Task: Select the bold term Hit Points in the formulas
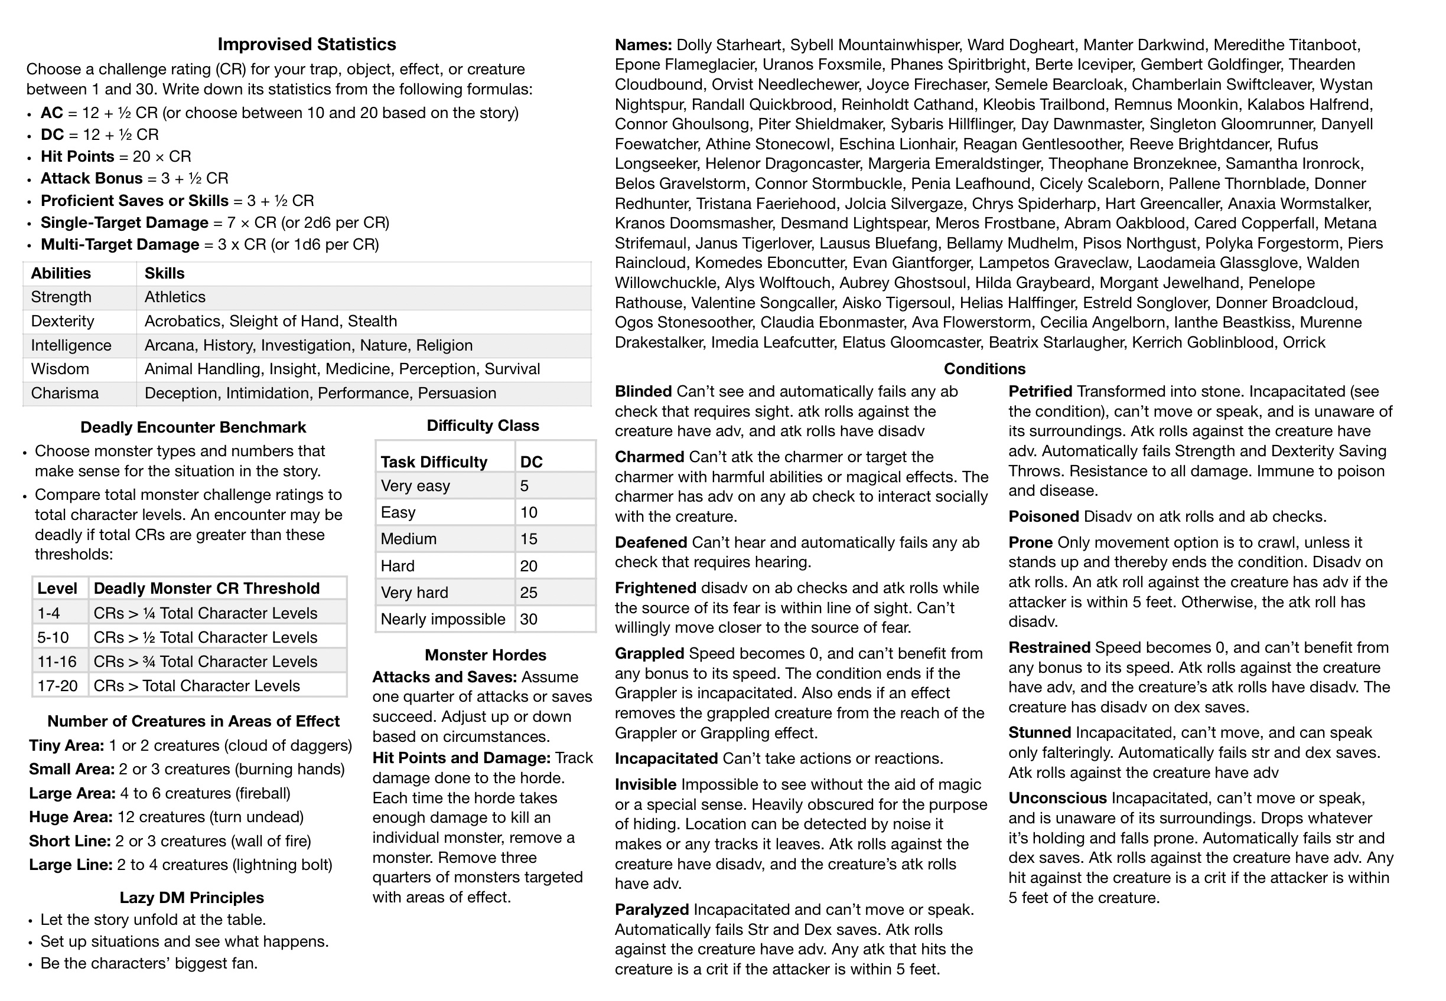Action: click(77, 157)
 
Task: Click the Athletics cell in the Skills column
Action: click(175, 297)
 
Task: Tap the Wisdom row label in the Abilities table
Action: click(60, 369)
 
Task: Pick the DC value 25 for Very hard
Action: click(529, 593)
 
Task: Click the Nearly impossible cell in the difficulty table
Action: click(442, 620)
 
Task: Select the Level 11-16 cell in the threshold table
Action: click(57, 662)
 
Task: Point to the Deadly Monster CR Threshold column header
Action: click(207, 588)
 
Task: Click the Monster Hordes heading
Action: click(485, 655)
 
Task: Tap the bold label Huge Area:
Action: click(70, 817)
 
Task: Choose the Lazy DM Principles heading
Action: click(191, 898)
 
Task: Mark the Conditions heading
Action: click(984, 369)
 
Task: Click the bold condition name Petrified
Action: click(1040, 392)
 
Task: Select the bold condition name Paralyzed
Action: click(652, 910)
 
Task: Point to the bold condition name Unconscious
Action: click(1057, 799)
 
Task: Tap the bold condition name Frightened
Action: click(655, 588)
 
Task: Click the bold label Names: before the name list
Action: click(643, 45)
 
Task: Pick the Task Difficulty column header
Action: click(434, 462)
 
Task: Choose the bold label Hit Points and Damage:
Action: click(461, 758)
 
